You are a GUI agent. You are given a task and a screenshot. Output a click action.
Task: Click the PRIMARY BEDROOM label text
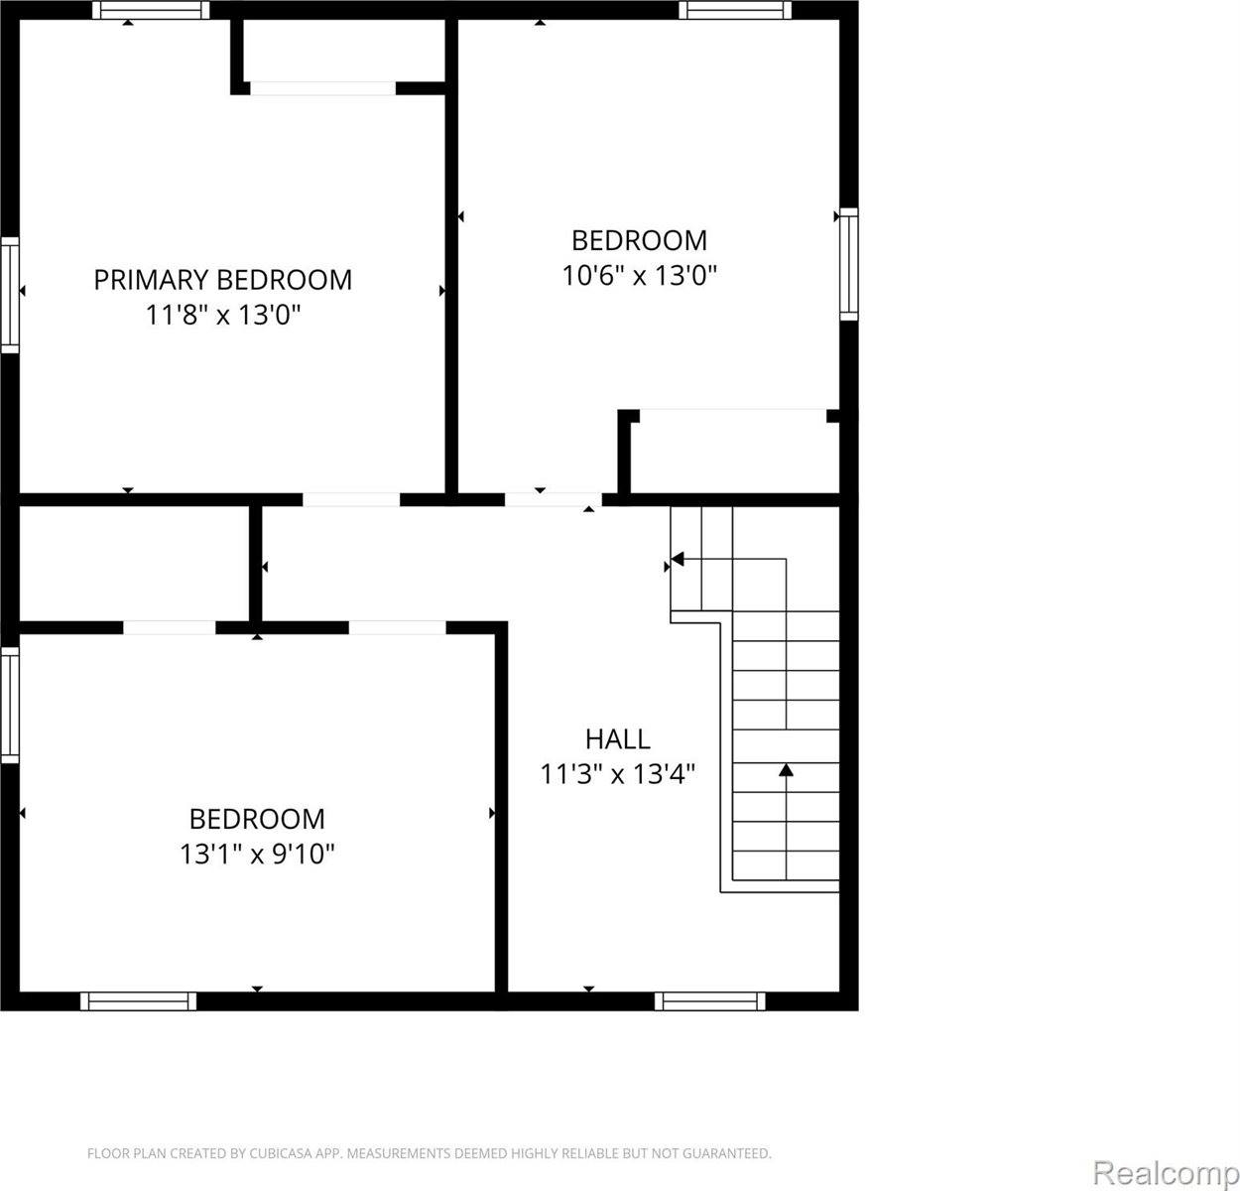[222, 280]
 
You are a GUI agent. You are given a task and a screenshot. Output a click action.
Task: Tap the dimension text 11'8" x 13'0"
[222, 315]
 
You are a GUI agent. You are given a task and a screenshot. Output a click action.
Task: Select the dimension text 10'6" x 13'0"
[639, 276]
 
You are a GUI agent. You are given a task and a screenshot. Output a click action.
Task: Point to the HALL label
[617, 739]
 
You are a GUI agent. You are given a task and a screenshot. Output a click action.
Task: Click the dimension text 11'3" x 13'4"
[617, 774]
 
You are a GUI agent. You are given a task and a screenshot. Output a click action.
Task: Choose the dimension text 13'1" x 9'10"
[257, 854]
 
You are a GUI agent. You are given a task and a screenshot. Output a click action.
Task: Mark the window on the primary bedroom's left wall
[10, 295]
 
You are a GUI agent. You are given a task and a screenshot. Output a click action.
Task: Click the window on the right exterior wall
[848, 264]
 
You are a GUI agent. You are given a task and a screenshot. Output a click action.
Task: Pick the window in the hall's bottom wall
[710, 1001]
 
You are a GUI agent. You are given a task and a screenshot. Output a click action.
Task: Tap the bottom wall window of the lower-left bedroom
[138, 1001]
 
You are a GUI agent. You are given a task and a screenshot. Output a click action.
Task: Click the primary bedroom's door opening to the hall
[351, 499]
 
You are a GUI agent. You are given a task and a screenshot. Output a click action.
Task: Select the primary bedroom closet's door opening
[322, 88]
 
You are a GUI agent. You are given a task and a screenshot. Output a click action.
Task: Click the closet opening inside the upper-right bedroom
[733, 416]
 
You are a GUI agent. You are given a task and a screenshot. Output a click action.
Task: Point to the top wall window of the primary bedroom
[151, 10]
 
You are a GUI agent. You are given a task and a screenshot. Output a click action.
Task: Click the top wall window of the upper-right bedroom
[735, 10]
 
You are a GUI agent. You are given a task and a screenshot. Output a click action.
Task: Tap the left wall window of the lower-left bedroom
[10, 705]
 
